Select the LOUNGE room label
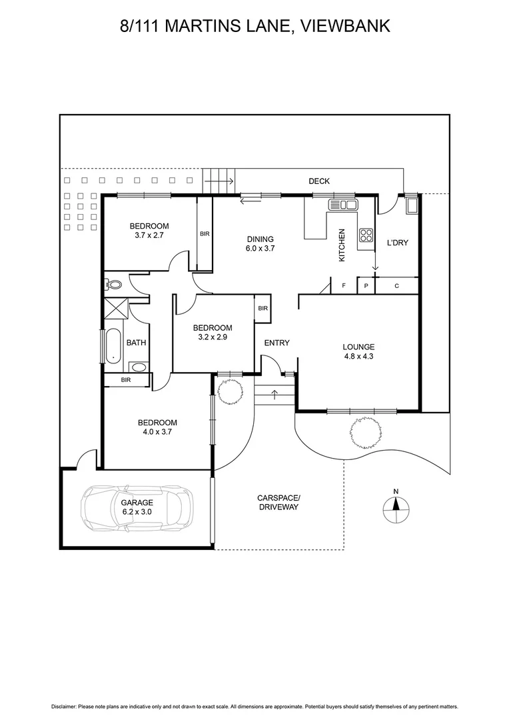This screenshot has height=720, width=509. pos(358,347)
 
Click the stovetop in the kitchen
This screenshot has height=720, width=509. pos(366,235)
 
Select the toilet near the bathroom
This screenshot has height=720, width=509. pos(114,285)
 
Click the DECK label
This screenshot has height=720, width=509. pos(318,181)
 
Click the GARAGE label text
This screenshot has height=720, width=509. pos(137,503)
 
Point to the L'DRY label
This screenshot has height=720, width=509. pos(397,243)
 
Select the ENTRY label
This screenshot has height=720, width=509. pos(276,343)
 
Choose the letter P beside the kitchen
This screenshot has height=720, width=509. pos(366,286)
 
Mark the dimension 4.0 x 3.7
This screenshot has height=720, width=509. pos(157,431)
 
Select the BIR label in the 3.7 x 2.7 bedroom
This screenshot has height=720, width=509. pos(205,234)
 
